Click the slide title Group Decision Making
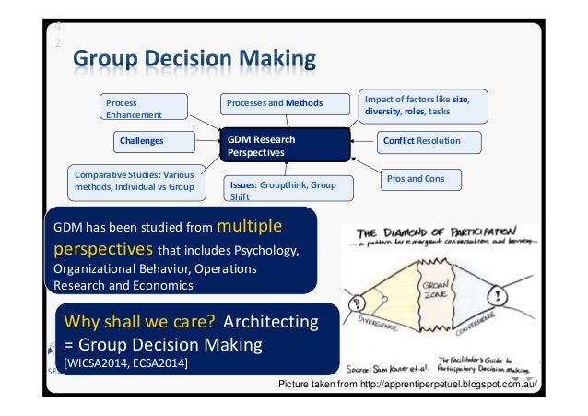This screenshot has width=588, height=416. (194, 61)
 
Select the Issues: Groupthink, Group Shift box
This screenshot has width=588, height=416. (283, 190)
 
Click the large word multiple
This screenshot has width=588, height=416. (252, 226)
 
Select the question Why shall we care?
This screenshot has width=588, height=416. (138, 323)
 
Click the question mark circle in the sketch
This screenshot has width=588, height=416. (352, 302)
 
